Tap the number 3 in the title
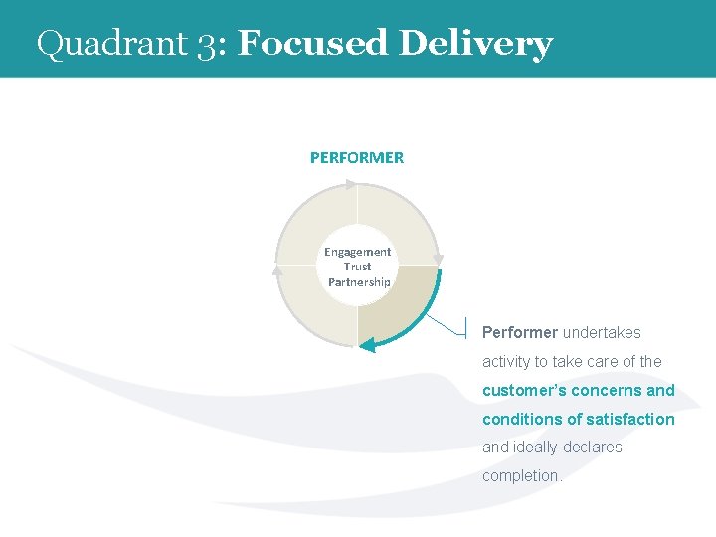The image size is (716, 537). pos(205,45)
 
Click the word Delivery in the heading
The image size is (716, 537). pos(475,44)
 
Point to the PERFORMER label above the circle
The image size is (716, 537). pos(357,157)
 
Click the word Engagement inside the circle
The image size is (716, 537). pos(358,252)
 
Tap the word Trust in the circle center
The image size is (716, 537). pos(358,267)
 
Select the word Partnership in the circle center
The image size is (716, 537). pos(359,282)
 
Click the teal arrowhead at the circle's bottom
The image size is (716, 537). pos(367,345)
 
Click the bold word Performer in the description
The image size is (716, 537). pos(520,332)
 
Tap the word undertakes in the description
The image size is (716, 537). pos(602,332)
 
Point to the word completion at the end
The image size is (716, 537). pos(522,475)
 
